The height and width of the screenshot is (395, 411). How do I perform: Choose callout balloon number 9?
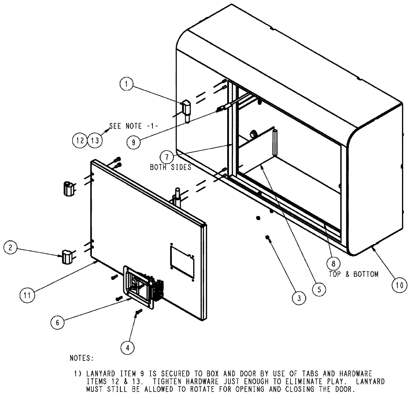tap(133, 142)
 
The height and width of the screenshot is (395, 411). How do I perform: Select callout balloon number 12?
tap(80, 140)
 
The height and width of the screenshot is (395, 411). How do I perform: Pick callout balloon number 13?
tap(95, 140)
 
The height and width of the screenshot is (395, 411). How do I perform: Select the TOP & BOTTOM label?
tap(354, 274)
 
